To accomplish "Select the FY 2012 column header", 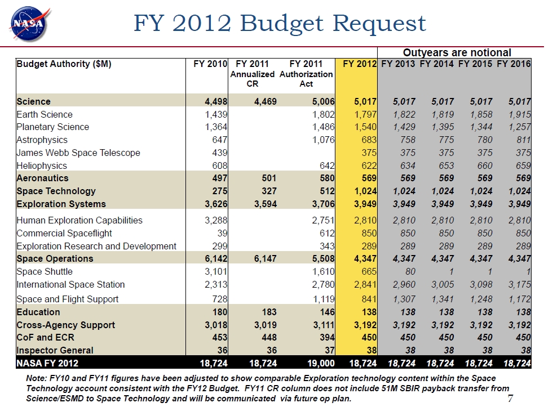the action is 360,64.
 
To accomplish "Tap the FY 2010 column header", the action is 210,64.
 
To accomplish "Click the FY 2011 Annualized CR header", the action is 252,74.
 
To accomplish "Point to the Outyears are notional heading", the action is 457,52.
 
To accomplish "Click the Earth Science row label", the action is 45,114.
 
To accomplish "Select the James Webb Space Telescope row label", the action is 78,153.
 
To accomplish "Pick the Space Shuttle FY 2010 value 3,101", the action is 216,271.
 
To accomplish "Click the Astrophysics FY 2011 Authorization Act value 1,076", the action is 324,140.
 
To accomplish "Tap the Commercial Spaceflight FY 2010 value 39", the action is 222,233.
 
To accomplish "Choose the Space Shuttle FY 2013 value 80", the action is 410,271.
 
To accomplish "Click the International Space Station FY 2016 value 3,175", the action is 519,284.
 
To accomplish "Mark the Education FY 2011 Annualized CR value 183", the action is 269,312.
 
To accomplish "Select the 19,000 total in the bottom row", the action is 321,363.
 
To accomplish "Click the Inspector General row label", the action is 55,350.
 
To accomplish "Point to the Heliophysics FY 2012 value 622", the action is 369,165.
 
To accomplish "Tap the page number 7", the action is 510,399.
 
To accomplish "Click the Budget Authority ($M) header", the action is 64,64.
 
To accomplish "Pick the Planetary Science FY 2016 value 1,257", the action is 519,127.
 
